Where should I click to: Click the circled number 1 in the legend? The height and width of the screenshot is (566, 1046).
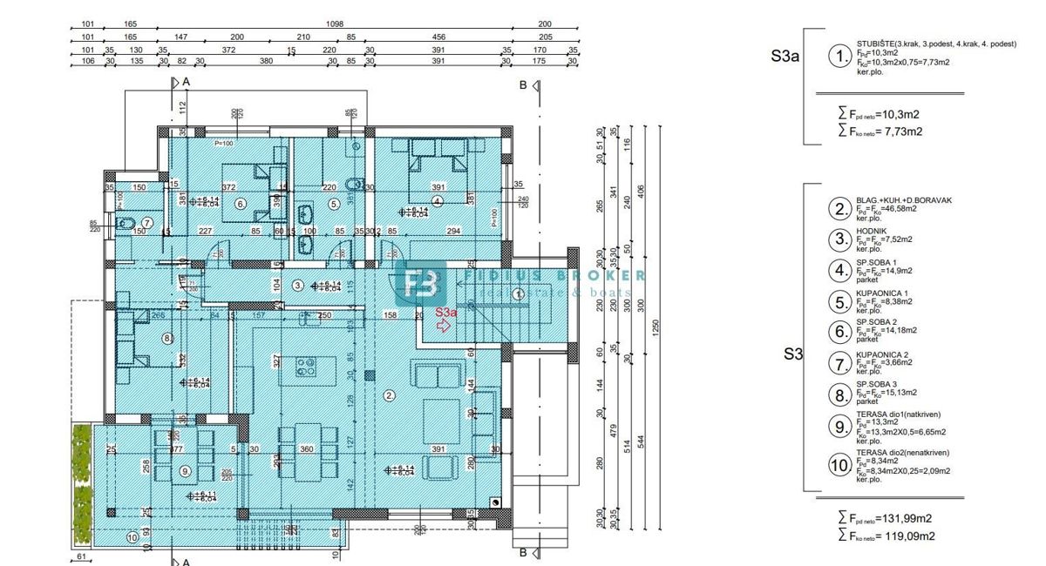pos(839,57)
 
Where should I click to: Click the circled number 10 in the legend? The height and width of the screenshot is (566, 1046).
pos(839,466)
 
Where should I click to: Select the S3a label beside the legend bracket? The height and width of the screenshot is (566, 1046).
pos(784,57)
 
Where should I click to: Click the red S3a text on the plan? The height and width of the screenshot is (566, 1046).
pos(446,311)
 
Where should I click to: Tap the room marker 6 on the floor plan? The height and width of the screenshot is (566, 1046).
pos(241,204)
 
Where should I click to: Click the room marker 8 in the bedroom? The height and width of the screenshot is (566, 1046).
pos(167,339)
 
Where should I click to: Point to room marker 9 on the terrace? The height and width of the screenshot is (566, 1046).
pos(185,471)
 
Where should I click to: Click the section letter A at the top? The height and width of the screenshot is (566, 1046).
pos(186,82)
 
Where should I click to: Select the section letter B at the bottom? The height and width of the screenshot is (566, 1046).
pos(523,552)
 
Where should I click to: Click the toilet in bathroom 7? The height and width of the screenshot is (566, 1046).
pos(123,222)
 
